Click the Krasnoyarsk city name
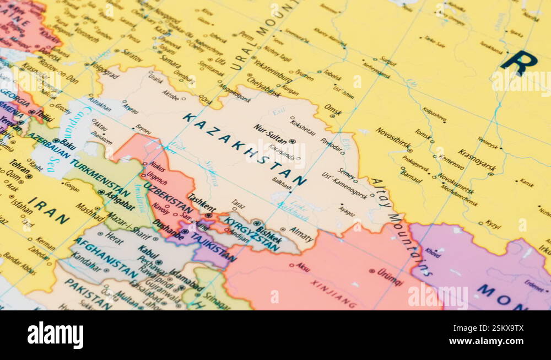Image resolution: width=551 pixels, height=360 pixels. coord(477,160)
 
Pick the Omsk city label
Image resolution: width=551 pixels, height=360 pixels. coord(333,109)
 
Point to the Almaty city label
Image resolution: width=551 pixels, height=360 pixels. coord(301,231)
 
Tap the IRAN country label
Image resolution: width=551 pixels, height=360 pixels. coord(49,211)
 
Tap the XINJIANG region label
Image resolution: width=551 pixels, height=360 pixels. coord(334,292)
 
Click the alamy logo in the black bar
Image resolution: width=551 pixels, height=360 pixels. coord(55,335)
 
